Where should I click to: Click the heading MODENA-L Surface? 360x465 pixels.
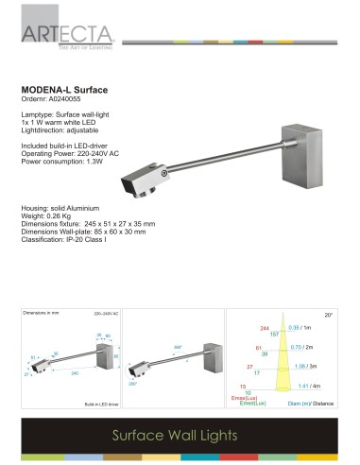[x=64, y=90]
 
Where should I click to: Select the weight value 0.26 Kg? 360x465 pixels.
[x=64, y=215]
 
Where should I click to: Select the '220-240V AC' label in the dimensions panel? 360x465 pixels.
[x=106, y=314]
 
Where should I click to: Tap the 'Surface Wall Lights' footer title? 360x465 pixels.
[x=179, y=437]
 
